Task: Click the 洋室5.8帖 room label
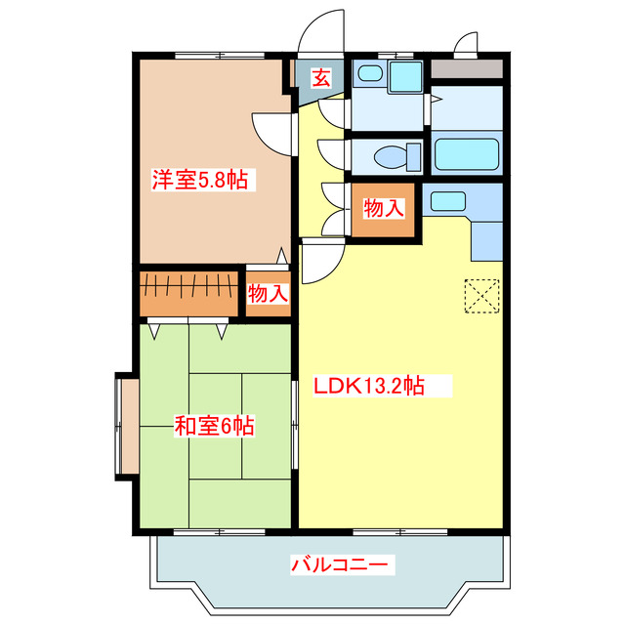199,180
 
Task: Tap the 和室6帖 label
215,426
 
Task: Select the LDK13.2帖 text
368,386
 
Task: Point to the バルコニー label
341,563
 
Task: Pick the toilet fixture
396,156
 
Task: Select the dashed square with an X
481,296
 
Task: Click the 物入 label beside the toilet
383,208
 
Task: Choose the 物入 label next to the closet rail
268,293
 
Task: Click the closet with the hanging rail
188,291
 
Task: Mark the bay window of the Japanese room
125,427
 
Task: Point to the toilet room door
333,156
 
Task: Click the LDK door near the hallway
320,262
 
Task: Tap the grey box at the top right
467,69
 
